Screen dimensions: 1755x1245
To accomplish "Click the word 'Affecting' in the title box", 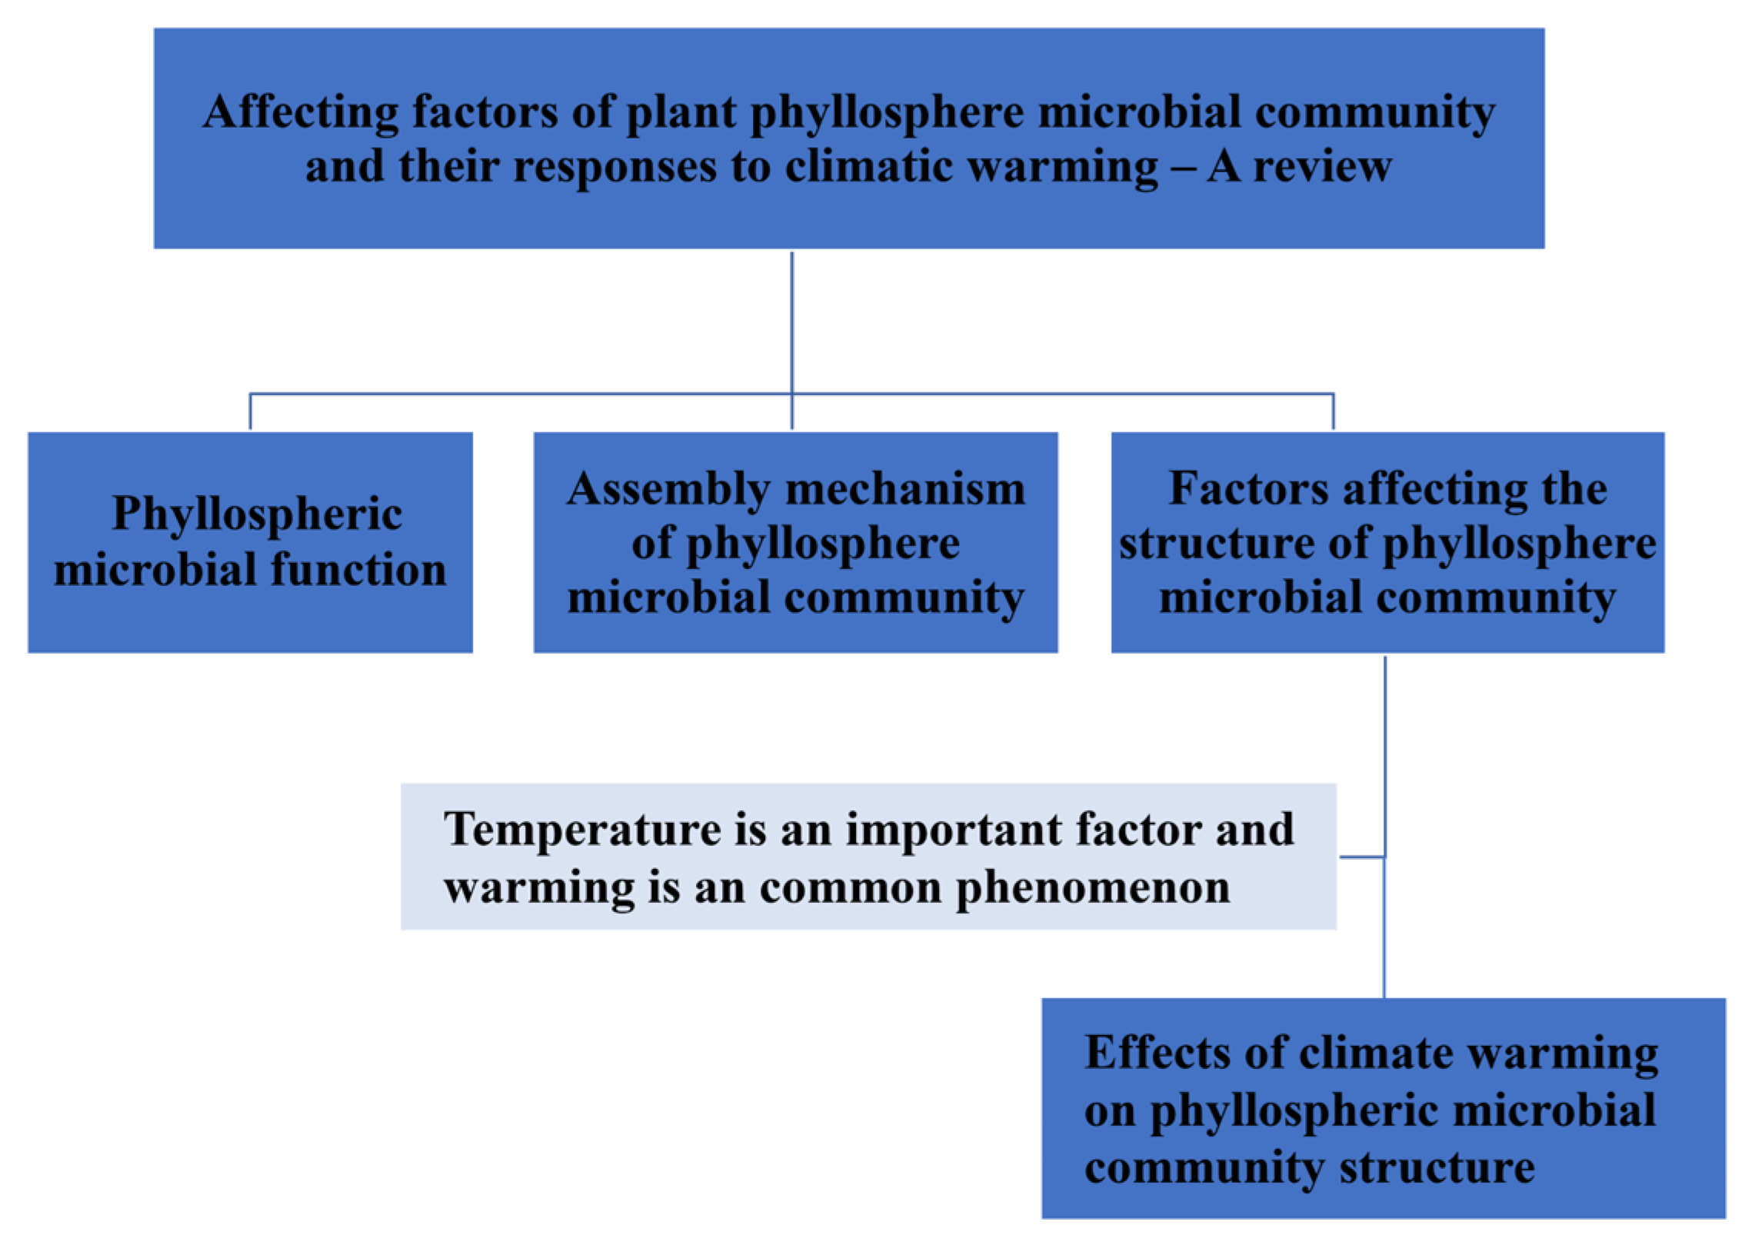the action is [x=301, y=114].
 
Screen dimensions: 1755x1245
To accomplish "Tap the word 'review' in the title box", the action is [x=1323, y=166].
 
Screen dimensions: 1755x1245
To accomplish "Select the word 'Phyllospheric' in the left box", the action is [x=257, y=514].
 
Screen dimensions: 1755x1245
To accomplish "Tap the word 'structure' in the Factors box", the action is [x=1216, y=544].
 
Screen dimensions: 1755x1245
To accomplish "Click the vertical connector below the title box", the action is [x=792, y=341].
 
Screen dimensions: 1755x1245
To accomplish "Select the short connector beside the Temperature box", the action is [x=1362, y=856].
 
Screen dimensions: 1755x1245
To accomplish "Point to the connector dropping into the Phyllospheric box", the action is [x=250, y=411].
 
